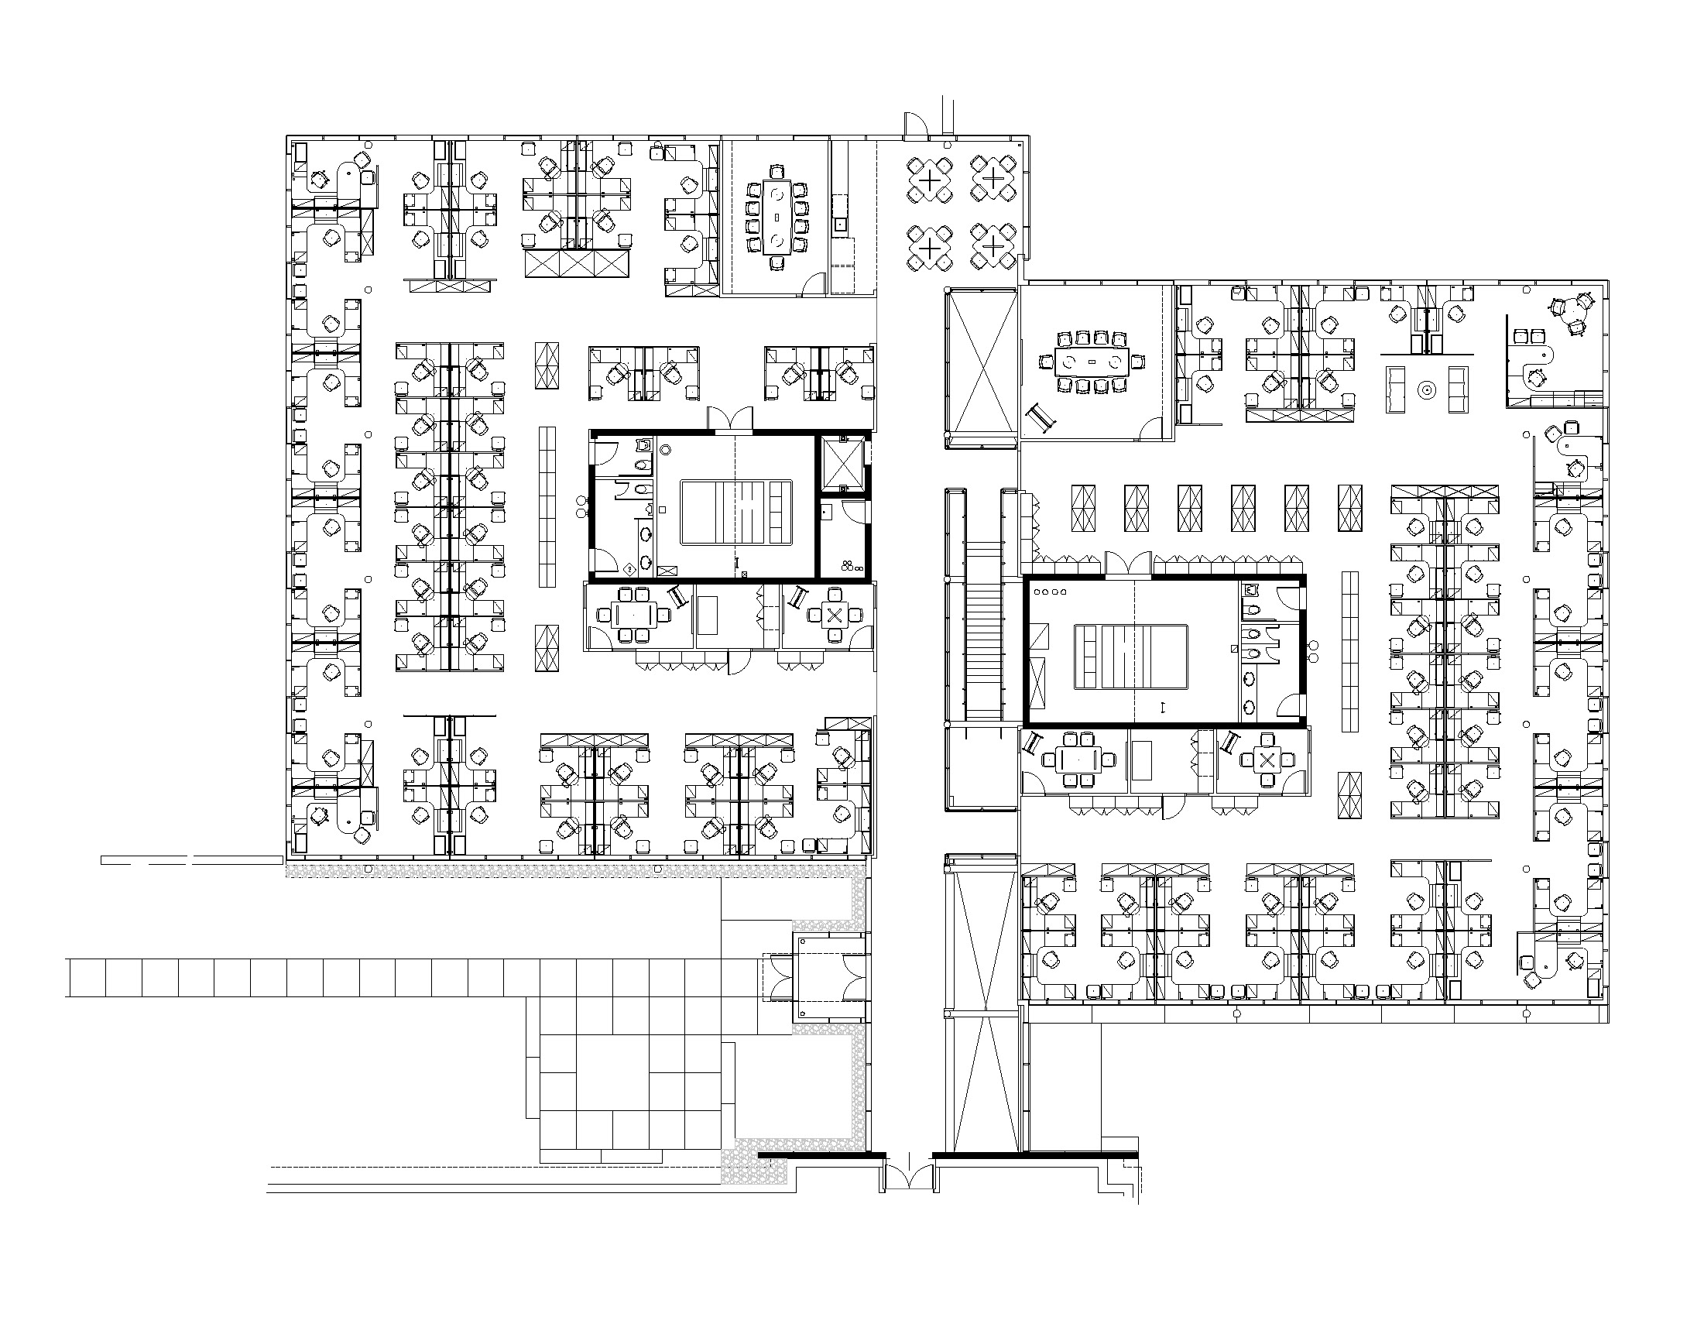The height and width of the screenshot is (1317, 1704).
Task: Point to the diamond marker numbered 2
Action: [629, 569]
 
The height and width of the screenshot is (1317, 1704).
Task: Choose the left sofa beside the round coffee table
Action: [1396, 389]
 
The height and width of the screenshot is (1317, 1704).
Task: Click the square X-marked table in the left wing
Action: [834, 616]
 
